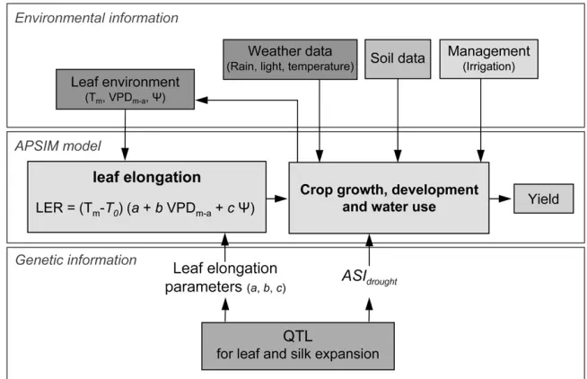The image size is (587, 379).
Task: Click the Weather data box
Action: pos(290,59)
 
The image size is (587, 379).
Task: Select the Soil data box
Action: pos(398,58)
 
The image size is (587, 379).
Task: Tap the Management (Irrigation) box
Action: pos(488,58)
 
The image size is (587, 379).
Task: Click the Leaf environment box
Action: pos(125,89)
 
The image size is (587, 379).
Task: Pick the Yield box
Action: pos(543,198)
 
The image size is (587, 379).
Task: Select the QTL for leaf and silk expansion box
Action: pos(298,346)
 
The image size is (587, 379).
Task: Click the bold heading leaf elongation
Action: pos(147,177)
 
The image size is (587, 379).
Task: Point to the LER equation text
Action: pos(145,207)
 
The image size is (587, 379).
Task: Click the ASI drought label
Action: pos(369,278)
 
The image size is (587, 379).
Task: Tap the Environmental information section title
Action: pos(97,18)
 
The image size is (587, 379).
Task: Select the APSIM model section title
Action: pos(58,145)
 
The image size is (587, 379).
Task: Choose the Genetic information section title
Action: pos(75,260)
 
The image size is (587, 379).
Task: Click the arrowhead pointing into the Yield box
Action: pos(505,198)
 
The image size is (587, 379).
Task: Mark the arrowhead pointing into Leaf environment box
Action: pos(202,100)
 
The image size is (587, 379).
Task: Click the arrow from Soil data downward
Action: pos(398,120)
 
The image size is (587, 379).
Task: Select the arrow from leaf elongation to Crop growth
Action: pos(276,198)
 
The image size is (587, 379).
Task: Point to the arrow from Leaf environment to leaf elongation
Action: pos(125,135)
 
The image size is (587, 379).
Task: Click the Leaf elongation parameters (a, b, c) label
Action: pos(225,278)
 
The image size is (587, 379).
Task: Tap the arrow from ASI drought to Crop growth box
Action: pos(369,251)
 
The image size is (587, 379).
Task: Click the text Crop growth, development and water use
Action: pos(389,198)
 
